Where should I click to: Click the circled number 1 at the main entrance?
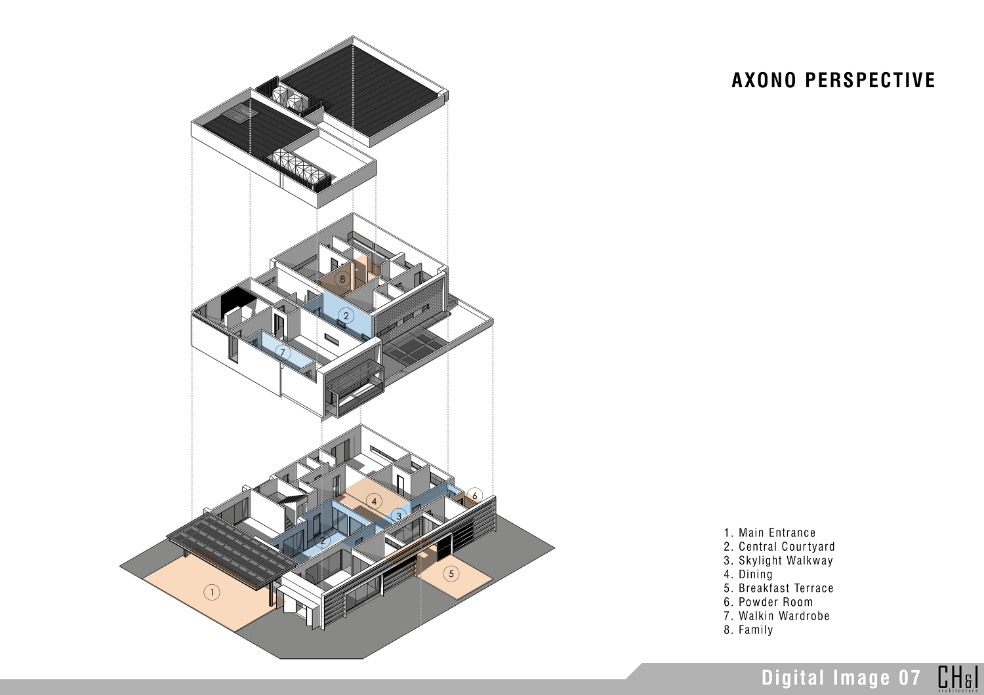(x=212, y=593)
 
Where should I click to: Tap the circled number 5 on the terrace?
(x=451, y=574)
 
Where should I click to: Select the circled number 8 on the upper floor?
(x=342, y=279)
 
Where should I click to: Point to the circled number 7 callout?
(x=283, y=352)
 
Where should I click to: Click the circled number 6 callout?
(x=475, y=496)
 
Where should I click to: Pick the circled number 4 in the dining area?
(x=375, y=501)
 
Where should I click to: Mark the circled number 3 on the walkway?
(x=399, y=516)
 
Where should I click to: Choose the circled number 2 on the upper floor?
(x=346, y=315)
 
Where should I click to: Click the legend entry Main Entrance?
(x=769, y=533)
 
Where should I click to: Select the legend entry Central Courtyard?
(x=779, y=547)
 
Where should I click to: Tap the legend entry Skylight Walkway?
(x=779, y=561)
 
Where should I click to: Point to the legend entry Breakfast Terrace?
(x=779, y=588)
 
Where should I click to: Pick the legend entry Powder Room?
(x=768, y=602)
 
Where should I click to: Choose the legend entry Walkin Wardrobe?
(x=777, y=616)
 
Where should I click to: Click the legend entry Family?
(x=748, y=630)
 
